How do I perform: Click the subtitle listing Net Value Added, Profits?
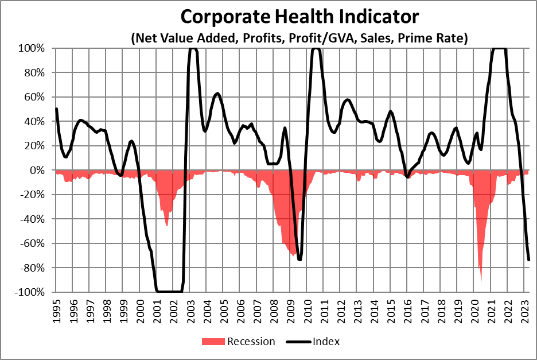(x=300, y=38)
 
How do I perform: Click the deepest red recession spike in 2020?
(x=481, y=280)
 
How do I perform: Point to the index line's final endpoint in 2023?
(x=528, y=260)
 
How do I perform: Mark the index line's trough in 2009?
(x=299, y=260)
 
